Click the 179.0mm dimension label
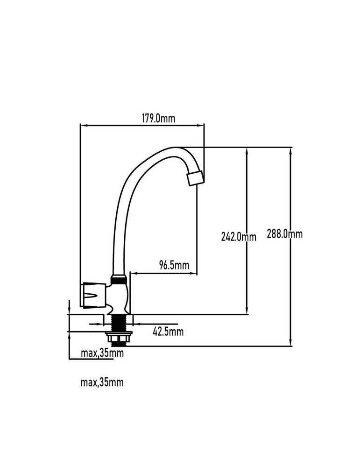tap(158, 118)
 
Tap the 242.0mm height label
tap(239, 237)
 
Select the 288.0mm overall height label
tap(284, 234)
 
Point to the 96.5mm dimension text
tap(174, 265)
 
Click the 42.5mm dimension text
tap(168, 331)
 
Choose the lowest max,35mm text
tap(102, 382)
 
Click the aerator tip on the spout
tap(196, 178)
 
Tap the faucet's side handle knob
tap(92, 295)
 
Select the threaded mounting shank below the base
tap(119, 323)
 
